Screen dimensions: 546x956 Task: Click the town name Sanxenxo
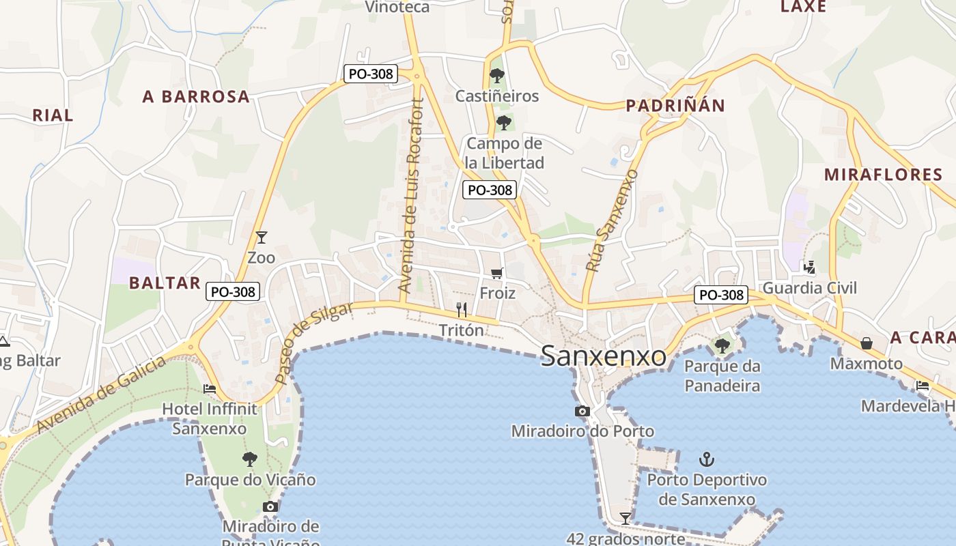click(x=603, y=356)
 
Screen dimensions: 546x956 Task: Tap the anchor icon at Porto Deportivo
click(x=707, y=459)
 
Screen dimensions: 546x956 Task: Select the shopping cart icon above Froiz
click(x=497, y=273)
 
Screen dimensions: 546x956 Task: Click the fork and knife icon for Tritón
click(x=462, y=310)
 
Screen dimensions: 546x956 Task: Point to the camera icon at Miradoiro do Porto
click(x=582, y=411)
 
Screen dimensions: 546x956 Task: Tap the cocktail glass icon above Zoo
click(x=261, y=238)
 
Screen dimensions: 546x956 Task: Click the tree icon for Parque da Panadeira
click(x=722, y=346)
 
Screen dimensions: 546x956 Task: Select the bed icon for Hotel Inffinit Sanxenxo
click(x=210, y=389)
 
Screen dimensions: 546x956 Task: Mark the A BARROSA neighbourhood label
click(x=196, y=97)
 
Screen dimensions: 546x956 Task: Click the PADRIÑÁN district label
click(x=675, y=106)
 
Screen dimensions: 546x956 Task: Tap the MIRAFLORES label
click(x=883, y=175)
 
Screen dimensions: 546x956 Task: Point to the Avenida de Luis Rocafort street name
click(x=411, y=197)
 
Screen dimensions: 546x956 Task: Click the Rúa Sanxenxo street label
click(x=612, y=220)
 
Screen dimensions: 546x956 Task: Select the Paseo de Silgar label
click(x=313, y=343)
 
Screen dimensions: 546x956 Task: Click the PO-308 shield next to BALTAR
click(x=233, y=291)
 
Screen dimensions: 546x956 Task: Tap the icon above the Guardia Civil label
click(x=809, y=267)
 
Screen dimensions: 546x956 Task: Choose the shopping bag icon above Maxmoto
click(x=866, y=343)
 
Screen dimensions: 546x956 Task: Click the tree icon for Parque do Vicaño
click(x=250, y=459)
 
